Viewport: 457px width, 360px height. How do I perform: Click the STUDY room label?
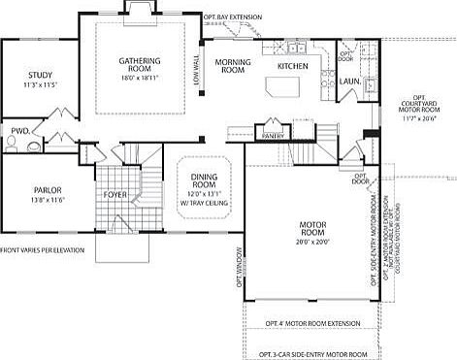pyautogui.click(x=39, y=74)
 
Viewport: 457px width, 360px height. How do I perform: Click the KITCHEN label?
pyautogui.click(x=292, y=66)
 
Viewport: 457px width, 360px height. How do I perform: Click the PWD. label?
pyautogui.click(x=19, y=130)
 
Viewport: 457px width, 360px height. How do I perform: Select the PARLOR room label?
pyautogui.click(x=47, y=190)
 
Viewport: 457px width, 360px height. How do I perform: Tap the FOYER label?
pyautogui.click(x=116, y=195)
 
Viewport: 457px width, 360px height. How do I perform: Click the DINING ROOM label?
pyautogui.click(x=203, y=179)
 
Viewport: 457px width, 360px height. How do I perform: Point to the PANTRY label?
pyautogui.click(x=273, y=136)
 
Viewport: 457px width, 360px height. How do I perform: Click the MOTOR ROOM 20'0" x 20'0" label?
pyautogui.click(x=310, y=230)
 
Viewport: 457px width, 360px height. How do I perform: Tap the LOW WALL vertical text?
pyautogui.click(x=197, y=71)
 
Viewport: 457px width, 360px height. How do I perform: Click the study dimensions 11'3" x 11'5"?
pyautogui.click(x=39, y=85)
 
